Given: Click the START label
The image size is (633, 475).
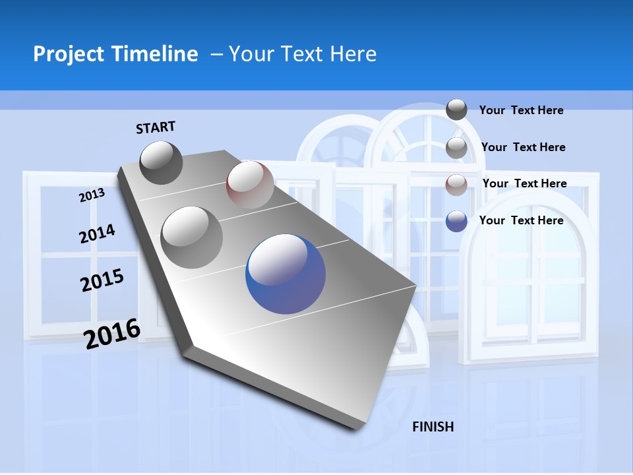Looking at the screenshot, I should pos(156,127).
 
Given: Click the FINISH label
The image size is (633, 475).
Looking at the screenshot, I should pos(433,427).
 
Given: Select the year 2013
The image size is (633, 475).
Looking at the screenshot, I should pos(92,195).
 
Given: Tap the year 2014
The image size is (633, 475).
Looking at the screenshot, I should pos(97,234).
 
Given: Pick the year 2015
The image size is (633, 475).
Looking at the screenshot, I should pos(102,280).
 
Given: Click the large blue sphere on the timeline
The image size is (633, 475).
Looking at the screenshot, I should pos(286,273).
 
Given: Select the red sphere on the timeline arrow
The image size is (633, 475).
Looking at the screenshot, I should pos(250,185).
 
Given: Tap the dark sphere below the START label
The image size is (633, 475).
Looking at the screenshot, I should pos(162,162).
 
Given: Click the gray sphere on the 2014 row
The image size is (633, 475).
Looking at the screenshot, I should pos(192,237).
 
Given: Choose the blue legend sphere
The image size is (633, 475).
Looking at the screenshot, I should pos(456,221).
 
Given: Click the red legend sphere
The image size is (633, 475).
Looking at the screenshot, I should pos(456,185).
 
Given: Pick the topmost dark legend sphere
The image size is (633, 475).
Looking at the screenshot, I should pos(456,110).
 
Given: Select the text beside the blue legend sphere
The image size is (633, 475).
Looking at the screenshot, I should pos(521,220).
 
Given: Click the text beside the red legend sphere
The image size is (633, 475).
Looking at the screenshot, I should pos(524,183).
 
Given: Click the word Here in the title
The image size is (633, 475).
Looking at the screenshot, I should pos(353,54).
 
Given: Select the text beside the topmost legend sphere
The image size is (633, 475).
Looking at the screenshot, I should pos(521,110).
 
